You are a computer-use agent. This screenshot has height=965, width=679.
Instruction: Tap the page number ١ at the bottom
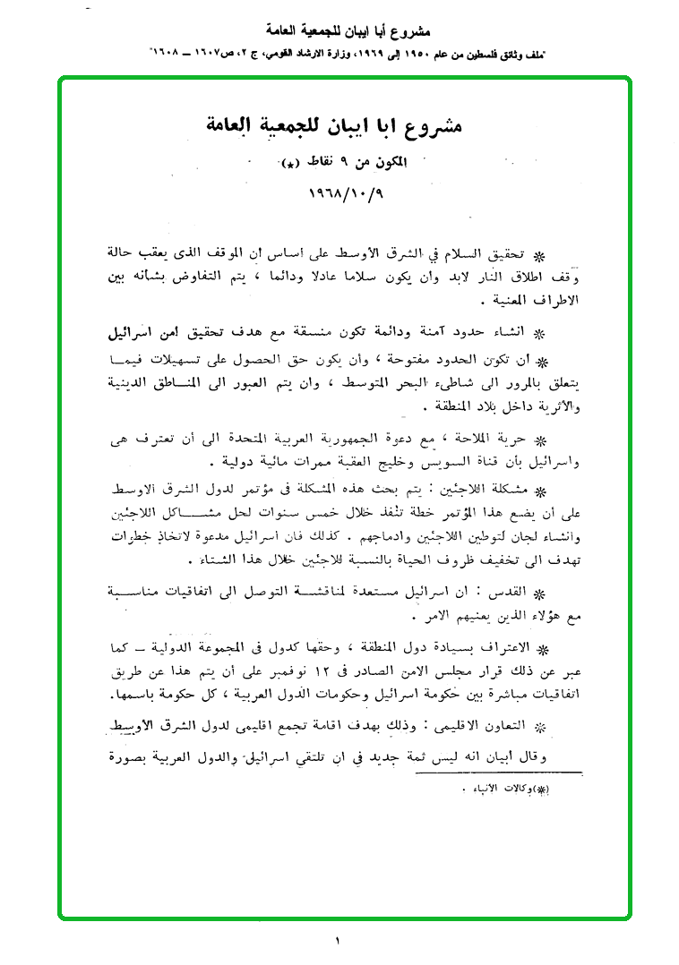tap(338, 941)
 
